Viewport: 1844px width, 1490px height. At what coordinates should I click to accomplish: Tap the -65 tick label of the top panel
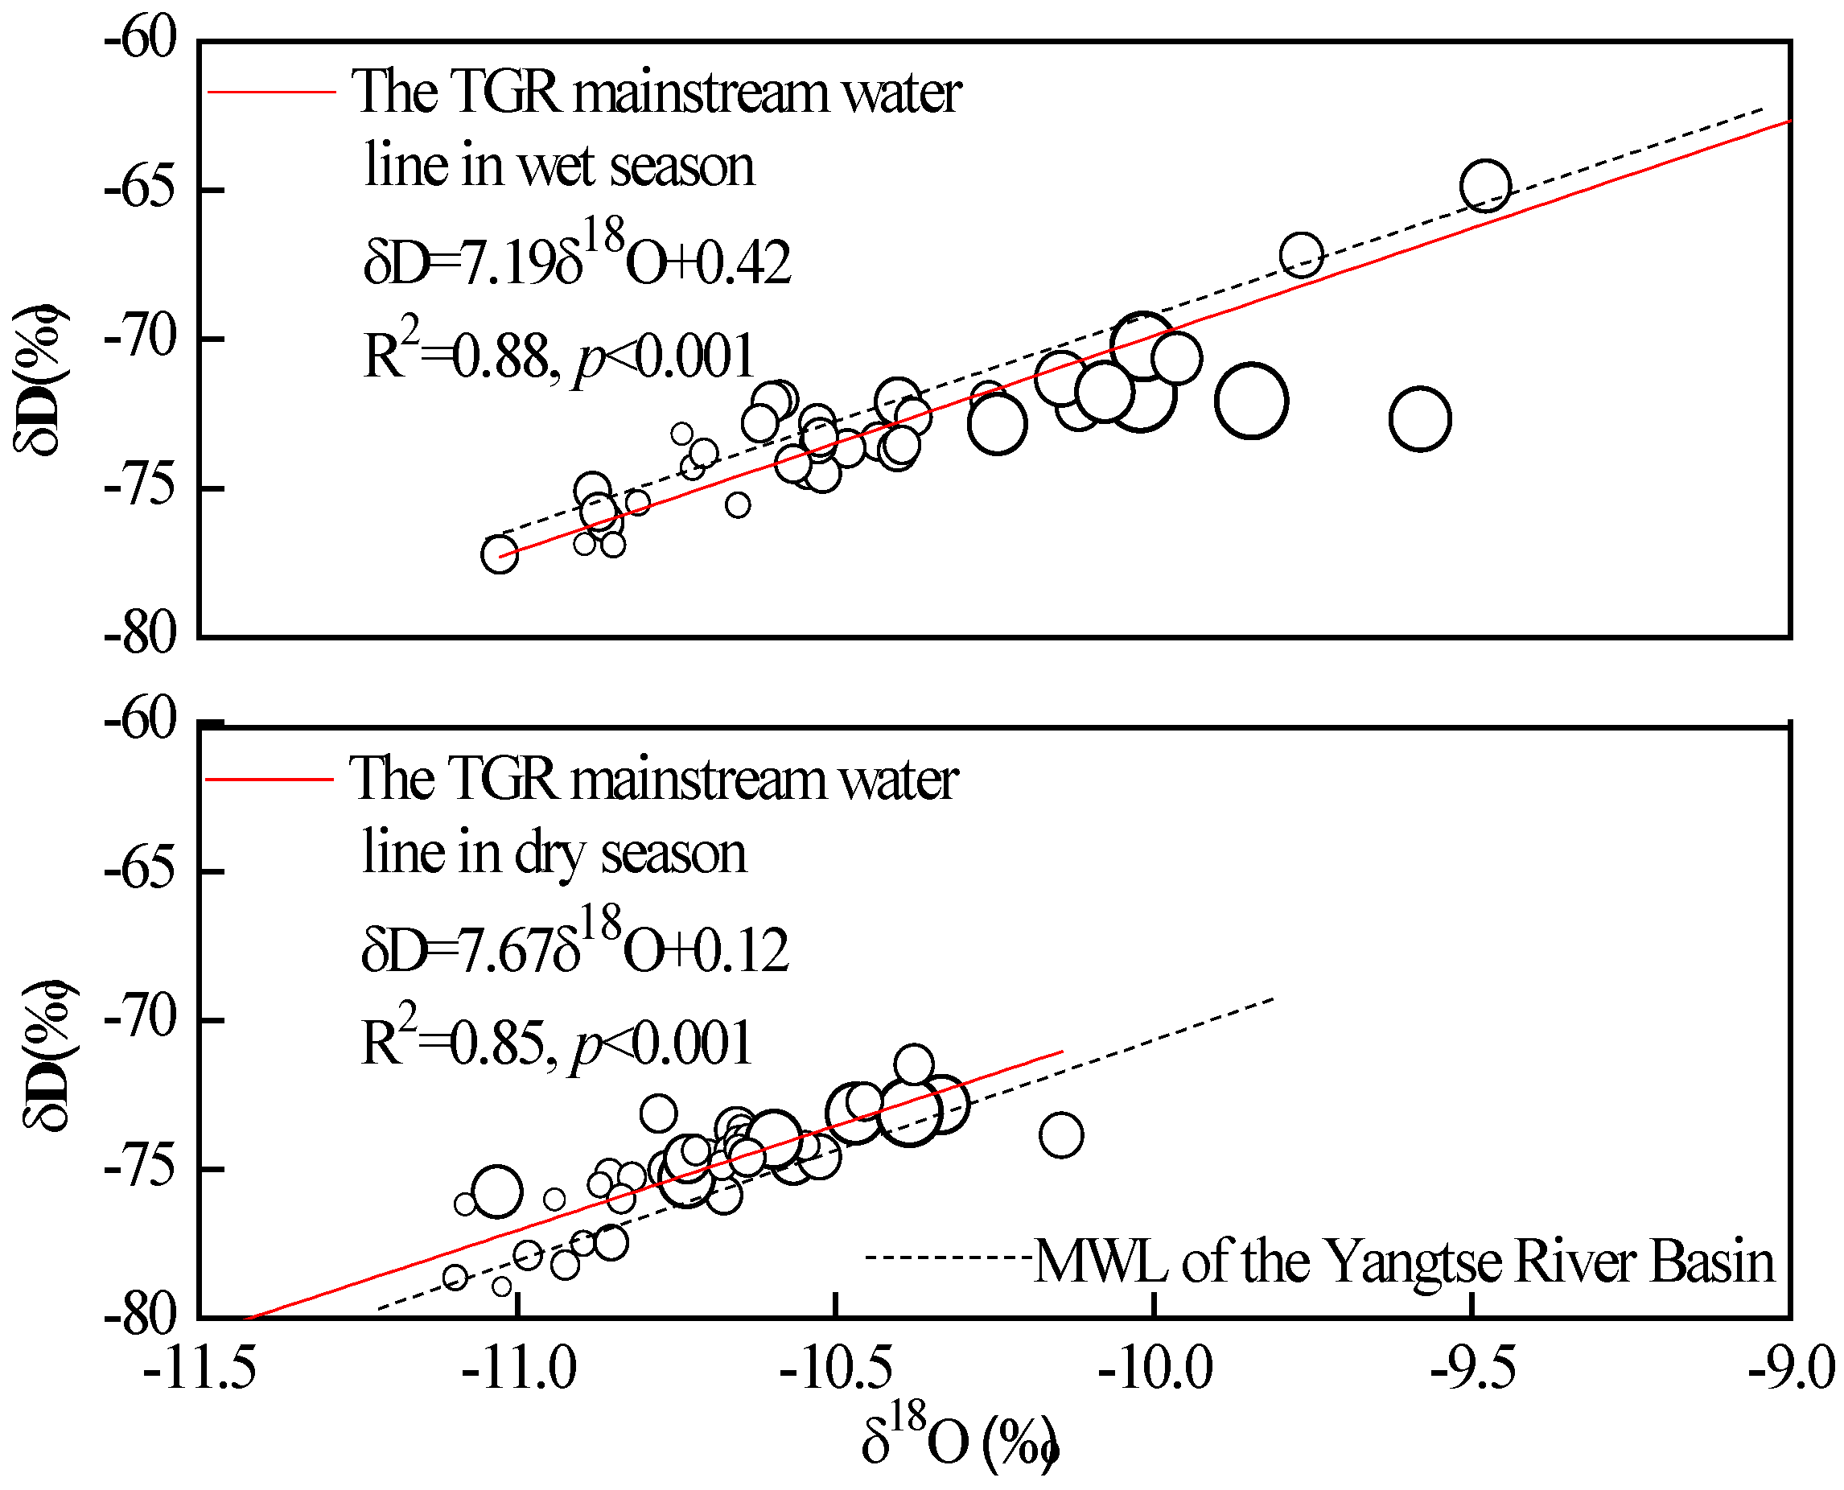tap(141, 189)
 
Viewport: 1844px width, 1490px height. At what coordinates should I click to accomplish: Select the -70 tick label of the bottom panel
tap(141, 1019)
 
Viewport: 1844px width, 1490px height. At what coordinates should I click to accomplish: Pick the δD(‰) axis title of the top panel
tap(39, 377)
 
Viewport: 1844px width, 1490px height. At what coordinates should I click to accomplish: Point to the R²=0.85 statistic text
tap(452, 1042)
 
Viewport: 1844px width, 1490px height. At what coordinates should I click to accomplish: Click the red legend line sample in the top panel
tap(271, 91)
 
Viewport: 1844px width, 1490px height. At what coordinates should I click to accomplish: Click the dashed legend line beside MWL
tap(949, 1258)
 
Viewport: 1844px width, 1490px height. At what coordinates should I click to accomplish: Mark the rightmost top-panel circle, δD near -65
tap(1485, 185)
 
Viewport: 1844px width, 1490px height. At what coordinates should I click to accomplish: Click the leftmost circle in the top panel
tap(499, 554)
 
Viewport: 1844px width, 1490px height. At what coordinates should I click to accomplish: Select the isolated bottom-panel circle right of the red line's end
tap(1061, 1134)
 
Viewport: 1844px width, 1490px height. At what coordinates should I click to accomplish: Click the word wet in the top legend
tap(557, 166)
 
